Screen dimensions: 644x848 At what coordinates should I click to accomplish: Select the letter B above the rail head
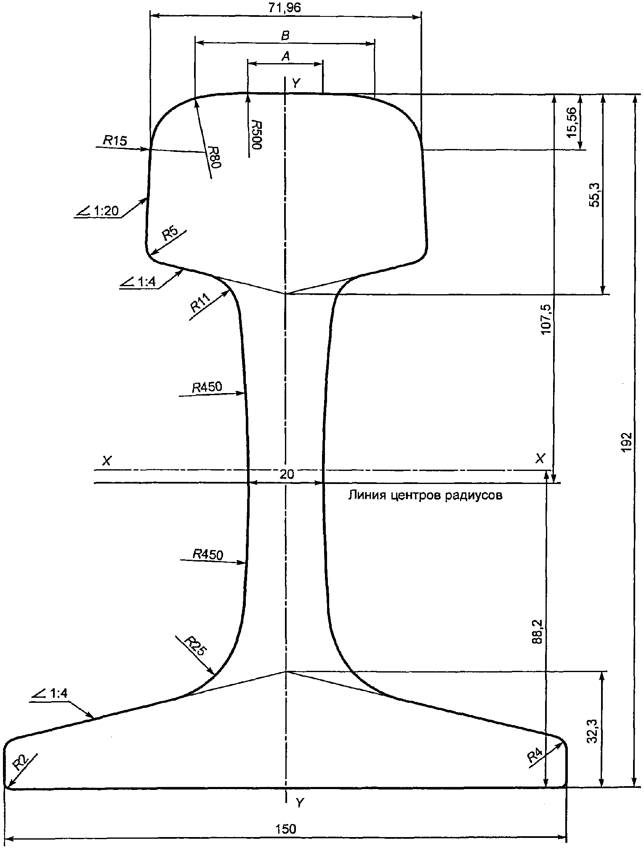pos(285,36)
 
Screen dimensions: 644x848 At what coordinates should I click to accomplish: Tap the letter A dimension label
pos(285,56)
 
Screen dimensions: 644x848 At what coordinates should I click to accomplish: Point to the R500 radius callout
pos(256,134)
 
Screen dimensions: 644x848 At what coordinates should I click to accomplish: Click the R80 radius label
pos(214,157)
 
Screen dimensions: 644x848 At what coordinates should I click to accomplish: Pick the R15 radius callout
pos(115,141)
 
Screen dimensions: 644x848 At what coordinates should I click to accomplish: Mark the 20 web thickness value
pos(287,475)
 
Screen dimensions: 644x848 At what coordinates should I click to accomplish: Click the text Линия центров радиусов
pos(425,495)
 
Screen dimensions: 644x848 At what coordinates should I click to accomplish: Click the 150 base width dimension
pos(286,829)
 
